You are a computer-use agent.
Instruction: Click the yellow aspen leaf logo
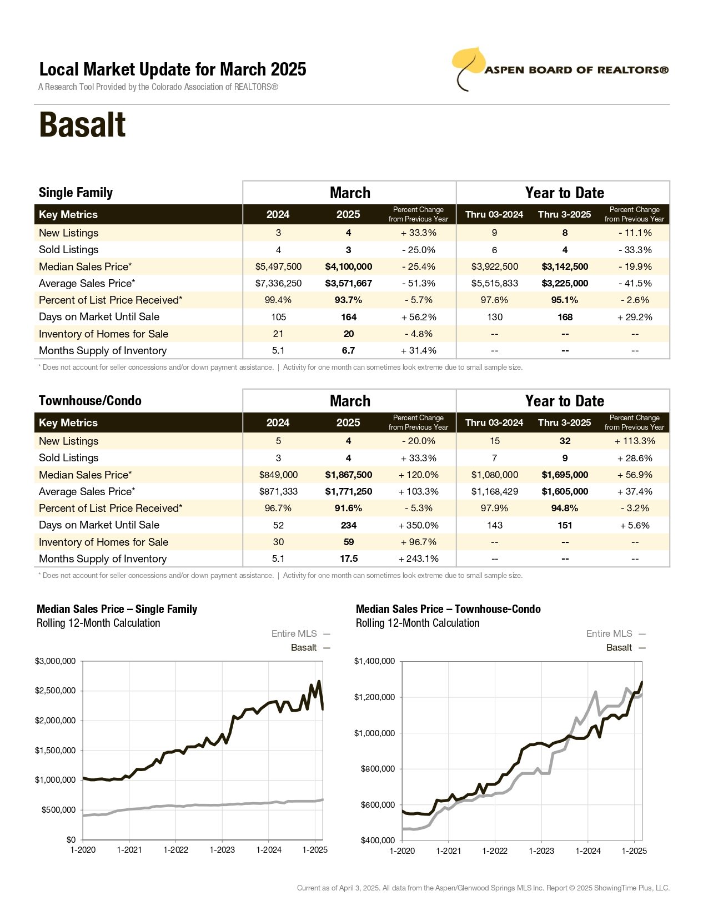coord(468,67)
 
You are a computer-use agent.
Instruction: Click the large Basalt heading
coord(82,125)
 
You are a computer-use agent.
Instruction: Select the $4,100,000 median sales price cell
coord(348,266)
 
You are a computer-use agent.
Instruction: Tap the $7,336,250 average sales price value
coord(278,283)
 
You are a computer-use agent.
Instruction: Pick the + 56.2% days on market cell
coord(418,317)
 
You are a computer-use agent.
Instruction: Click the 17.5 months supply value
coord(349,558)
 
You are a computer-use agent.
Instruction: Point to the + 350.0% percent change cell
coord(418,525)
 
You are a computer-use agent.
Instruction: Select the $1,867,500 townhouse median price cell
coord(348,475)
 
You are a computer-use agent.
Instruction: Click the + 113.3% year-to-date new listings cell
coord(635,441)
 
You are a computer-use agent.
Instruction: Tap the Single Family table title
coord(76,193)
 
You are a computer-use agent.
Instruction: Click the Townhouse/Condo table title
coord(91,400)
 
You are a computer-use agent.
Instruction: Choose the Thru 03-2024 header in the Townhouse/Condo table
coord(494,422)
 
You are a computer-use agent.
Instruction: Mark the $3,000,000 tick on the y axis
coord(55,661)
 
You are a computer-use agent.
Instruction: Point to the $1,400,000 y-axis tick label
coord(374,661)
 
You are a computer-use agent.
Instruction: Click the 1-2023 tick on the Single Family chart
coord(222,849)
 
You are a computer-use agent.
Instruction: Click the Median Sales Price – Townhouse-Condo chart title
coord(448,608)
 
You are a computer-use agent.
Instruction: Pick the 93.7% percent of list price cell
coord(348,300)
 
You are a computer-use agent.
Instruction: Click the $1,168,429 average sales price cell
coord(495,491)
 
